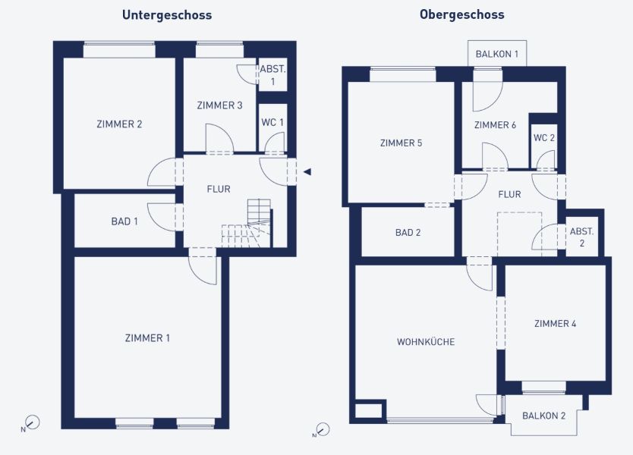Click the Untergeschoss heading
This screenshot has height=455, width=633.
pyautogui.click(x=167, y=15)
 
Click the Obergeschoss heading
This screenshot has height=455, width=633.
pyautogui.click(x=461, y=15)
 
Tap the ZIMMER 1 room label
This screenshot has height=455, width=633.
pyautogui.click(x=147, y=338)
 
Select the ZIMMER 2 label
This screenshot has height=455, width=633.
pyautogui.click(x=119, y=124)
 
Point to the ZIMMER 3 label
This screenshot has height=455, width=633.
pyautogui.click(x=219, y=105)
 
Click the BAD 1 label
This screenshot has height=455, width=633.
pyautogui.click(x=124, y=221)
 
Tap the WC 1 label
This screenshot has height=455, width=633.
pyautogui.click(x=272, y=122)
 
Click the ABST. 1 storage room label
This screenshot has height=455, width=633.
pyautogui.click(x=272, y=75)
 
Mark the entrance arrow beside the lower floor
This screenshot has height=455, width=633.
pyautogui.click(x=307, y=172)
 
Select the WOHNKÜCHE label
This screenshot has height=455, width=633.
pyautogui.click(x=426, y=342)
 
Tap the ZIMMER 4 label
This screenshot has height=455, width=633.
pyautogui.click(x=555, y=324)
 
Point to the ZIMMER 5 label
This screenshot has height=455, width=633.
pyautogui.click(x=401, y=143)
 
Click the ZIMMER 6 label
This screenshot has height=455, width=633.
pyautogui.click(x=495, y=125)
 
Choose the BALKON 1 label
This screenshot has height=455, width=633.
pyautogui.click(x=497, y=54)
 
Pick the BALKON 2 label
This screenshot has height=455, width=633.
pyautogui.click(x=543, y=416)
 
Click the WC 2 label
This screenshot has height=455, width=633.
pyautogui.click(x=543, y=138)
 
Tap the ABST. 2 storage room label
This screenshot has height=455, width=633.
pyautogui.click(x=581, y=237)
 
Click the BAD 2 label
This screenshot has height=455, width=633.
pyautogui.click(x=408, y=233)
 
